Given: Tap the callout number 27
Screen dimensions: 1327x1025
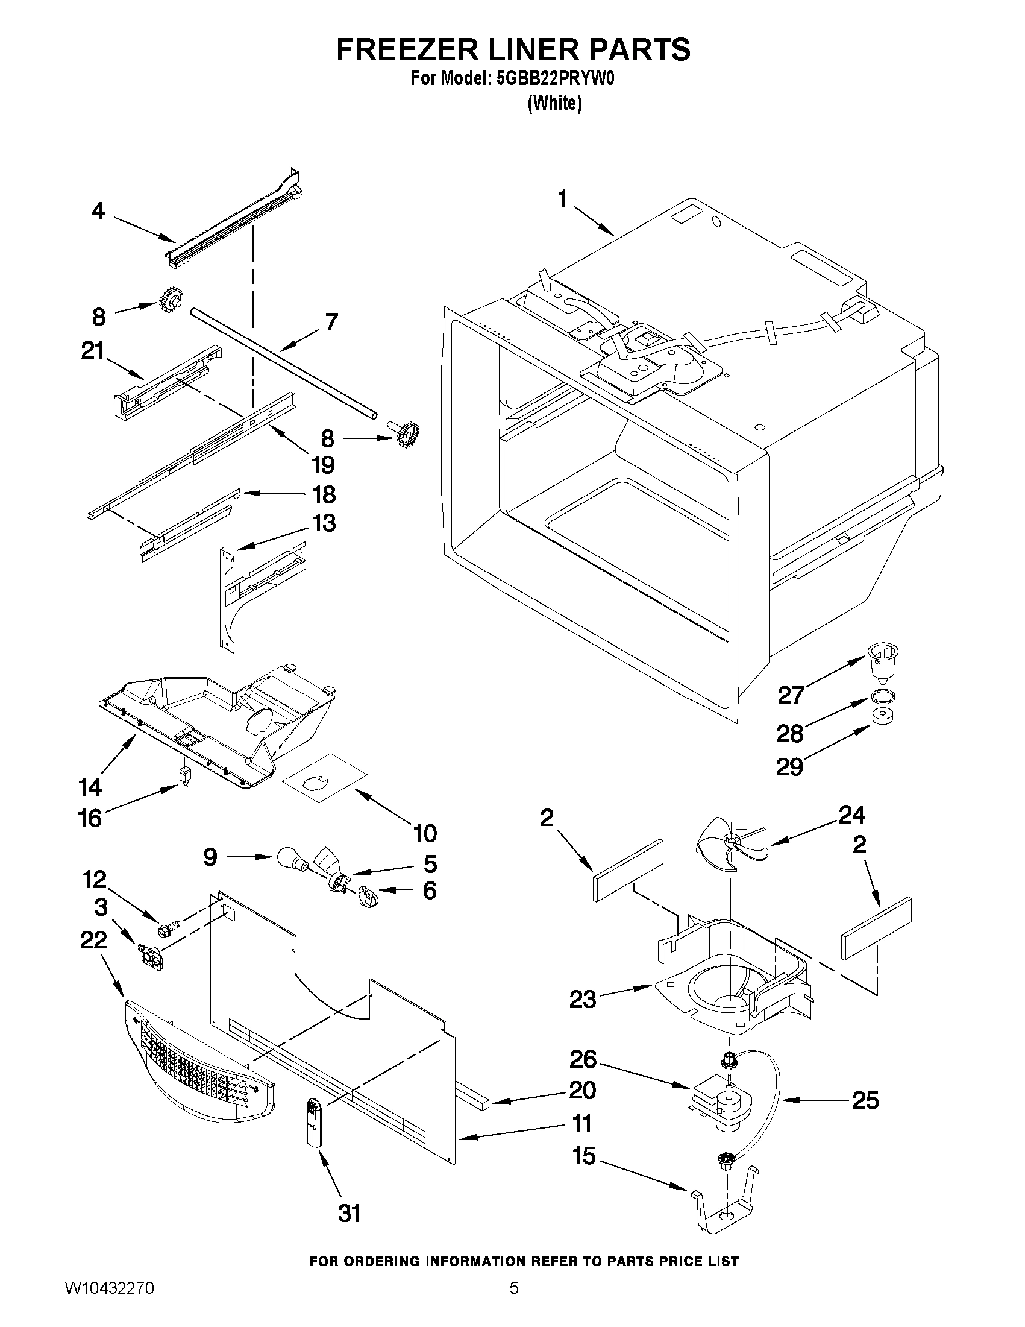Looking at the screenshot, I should click(x=791, y=695).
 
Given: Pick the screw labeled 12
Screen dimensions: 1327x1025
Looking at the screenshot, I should click(x=168, y=927).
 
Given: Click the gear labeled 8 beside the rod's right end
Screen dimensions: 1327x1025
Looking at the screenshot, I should click(x=408, y=435).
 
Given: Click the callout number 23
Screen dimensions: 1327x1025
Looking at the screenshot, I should click(x=582, y=999).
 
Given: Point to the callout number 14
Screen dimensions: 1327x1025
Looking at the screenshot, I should click(x=90, y=787).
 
